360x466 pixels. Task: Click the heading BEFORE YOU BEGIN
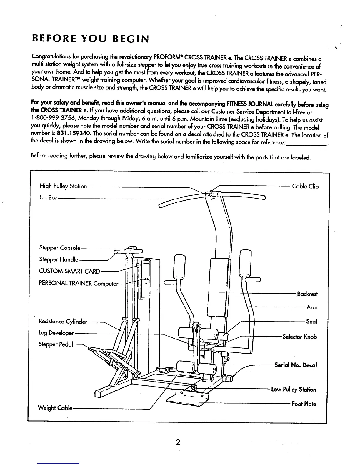pos(91,39)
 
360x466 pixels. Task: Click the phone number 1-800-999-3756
pos(50,120)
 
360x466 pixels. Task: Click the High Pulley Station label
pos(63,186)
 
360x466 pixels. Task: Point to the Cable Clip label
pos(305,187)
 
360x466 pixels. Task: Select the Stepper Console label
pos(60,248)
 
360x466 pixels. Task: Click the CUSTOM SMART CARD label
pos(70,271)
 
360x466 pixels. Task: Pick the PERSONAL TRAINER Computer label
pos(79,284)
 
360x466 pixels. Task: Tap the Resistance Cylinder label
pos(63,322)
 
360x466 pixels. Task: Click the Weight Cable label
pos(55,408)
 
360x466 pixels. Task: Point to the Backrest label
pos(307,294)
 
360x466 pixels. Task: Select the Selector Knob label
pos(300,337)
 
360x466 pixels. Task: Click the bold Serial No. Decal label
pos(296,365)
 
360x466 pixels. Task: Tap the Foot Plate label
pos(304,404)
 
